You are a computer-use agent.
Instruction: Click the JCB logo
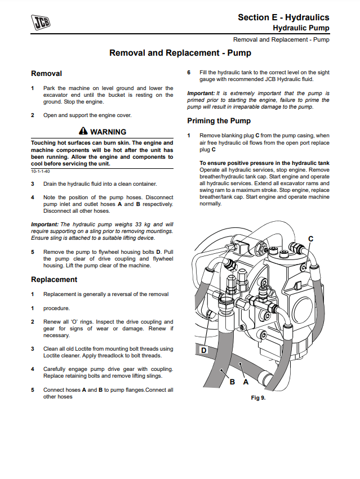point(41,23)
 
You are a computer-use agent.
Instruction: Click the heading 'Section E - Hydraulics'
point(283,17)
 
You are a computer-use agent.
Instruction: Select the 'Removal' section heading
point(46,74)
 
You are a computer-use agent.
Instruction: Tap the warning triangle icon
point(83,132)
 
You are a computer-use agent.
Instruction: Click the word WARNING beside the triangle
point(108,132)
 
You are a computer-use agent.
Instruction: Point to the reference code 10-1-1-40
point(40,171)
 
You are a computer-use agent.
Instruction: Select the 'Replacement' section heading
point(54,280)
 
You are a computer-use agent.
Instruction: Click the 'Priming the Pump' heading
point(219,121)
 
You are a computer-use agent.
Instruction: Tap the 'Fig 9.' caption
point(258,397)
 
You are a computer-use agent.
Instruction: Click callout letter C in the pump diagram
point(310,239)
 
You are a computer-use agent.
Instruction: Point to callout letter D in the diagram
point(203,350)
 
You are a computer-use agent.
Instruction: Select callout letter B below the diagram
point(232,382)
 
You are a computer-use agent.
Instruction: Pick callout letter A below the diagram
point(246,382)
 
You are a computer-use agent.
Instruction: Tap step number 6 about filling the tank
point(189,73)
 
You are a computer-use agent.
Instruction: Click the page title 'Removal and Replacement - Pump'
point(180,53)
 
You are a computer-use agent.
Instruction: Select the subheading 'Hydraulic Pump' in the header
point(301,28)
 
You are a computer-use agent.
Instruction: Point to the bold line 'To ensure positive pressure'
point(264,163)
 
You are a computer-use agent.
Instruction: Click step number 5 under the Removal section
point(33,252)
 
